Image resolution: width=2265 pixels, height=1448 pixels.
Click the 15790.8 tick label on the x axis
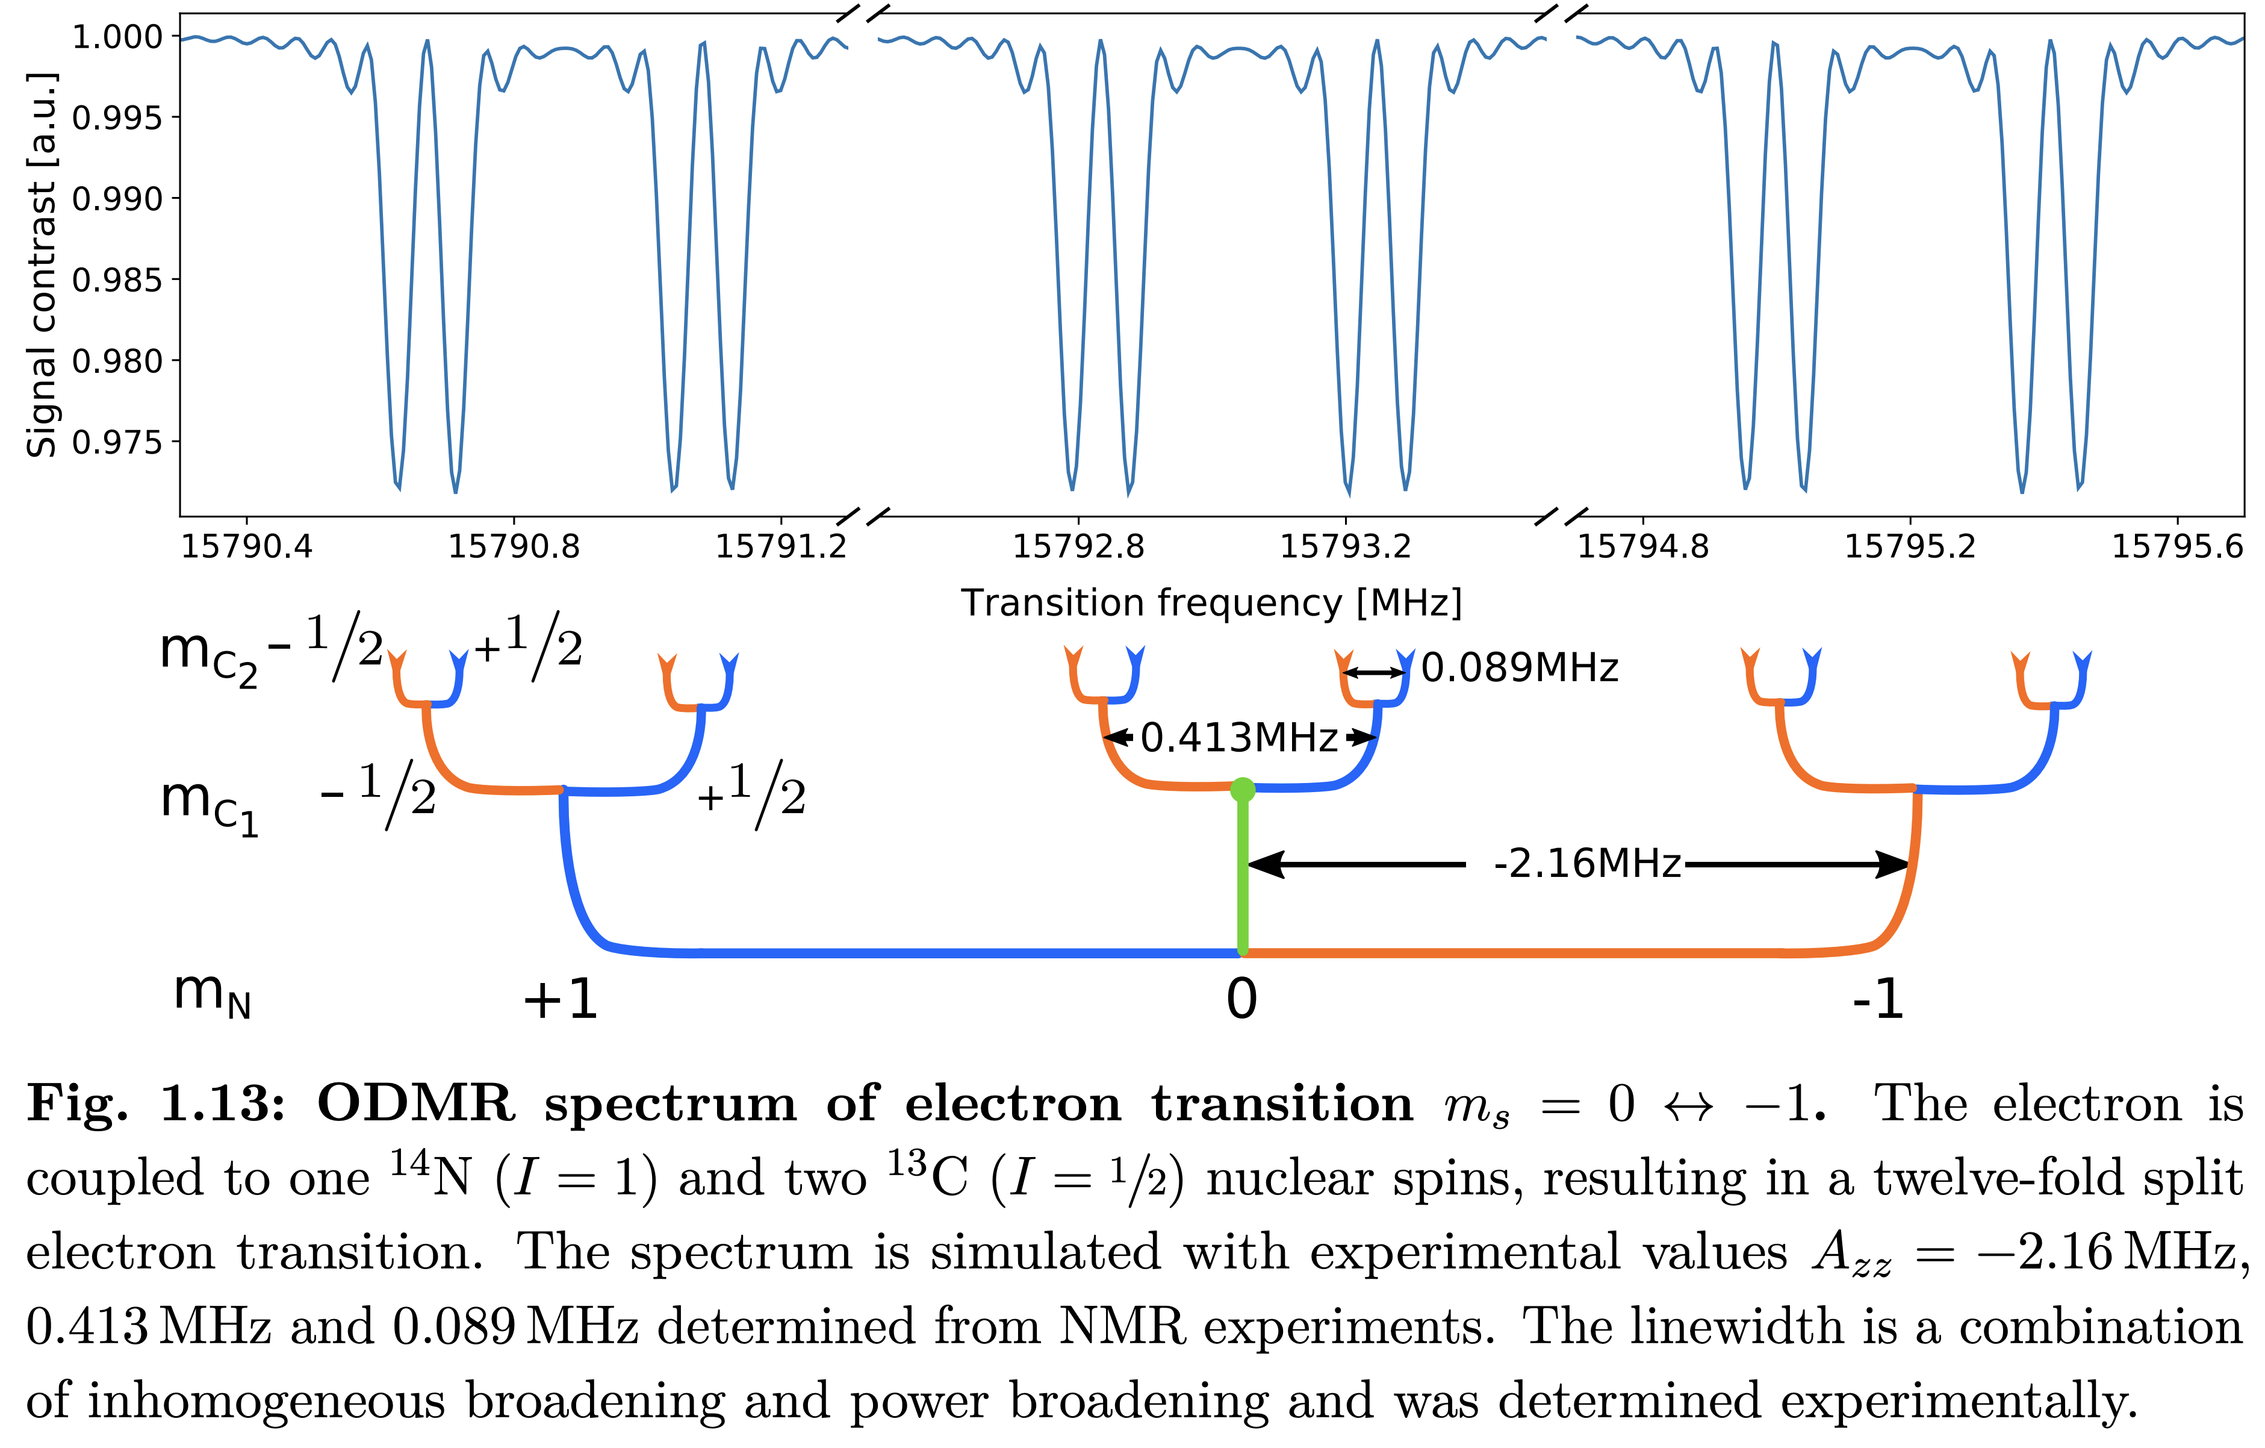514,547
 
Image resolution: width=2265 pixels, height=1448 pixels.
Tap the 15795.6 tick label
2176,547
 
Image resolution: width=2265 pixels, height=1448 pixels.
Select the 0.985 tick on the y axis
117,280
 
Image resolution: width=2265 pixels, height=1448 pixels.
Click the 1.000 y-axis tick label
117,37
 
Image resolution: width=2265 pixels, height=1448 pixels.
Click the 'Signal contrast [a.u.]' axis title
42,265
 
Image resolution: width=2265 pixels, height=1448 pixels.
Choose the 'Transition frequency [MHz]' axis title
1211,603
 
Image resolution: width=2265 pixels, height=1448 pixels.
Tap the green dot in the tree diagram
1243,790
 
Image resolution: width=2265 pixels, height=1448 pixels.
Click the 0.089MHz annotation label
1519,668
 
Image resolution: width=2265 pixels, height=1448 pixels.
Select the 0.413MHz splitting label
1239,738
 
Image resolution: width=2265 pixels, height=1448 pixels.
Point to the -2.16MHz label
1587,864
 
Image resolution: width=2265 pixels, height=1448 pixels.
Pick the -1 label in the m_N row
1877,999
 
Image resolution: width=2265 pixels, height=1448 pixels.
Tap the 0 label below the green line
1241,999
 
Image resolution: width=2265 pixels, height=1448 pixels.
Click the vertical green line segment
1243,875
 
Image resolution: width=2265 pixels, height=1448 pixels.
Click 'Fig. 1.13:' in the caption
155,1103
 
